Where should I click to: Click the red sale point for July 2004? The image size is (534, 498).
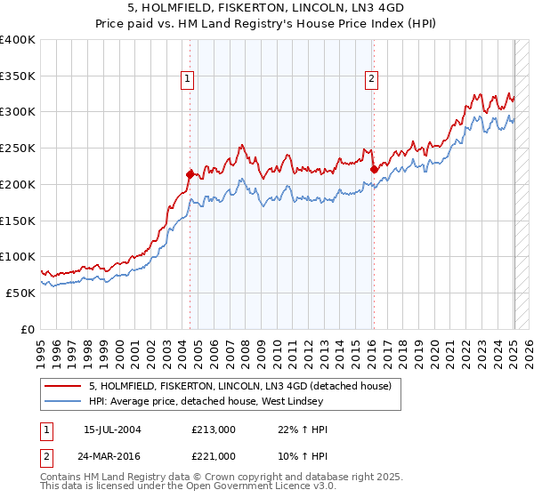[190, 174]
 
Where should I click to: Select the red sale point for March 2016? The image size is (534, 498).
[373, 168]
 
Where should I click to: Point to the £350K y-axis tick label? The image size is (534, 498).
[18, 76]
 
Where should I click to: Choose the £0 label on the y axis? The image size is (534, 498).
[28, 329]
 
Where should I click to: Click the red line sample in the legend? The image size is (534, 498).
[64, 386]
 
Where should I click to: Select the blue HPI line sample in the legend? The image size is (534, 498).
[64, 402]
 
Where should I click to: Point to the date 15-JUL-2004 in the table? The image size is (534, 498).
[112, 430]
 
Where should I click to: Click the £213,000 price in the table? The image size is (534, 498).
[214, 430]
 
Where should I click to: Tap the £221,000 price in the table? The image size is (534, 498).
[214, 456]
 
